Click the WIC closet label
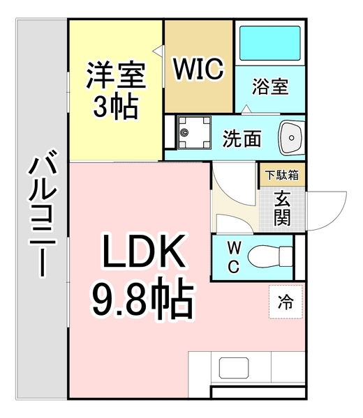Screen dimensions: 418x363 [x=198, y=69]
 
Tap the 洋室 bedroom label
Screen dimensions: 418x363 [x=117, y=76]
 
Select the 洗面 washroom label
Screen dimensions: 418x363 [x=242, y=139]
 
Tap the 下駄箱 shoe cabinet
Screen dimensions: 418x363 [x=281, y=175]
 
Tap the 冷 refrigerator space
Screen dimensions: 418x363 [x=285, y=302]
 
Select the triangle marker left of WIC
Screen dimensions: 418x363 [x=160, y=50]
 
